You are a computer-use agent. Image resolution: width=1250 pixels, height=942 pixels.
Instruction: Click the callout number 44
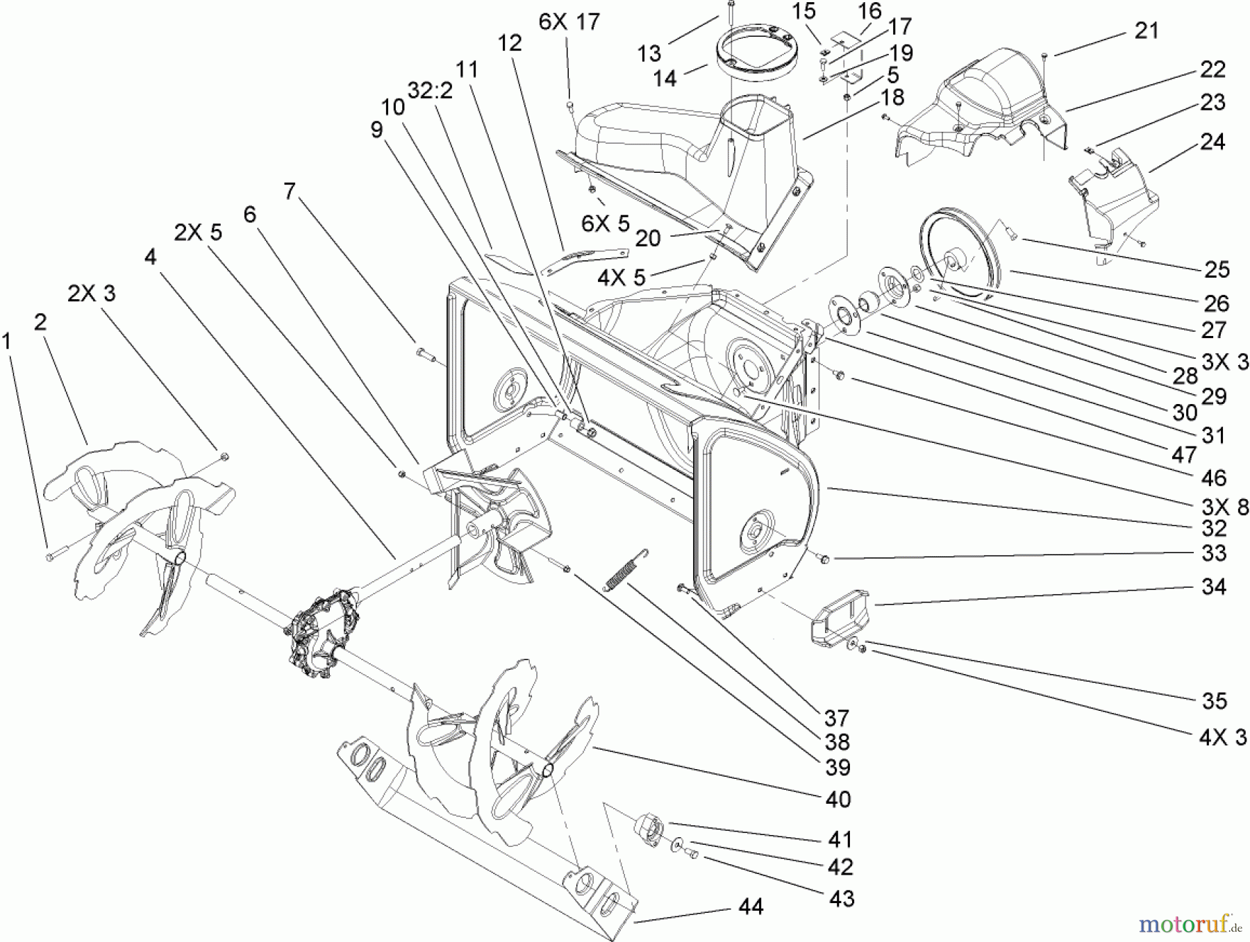click(x=751, y=907)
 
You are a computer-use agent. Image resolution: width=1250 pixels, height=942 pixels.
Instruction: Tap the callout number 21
click(x=1147, y=31)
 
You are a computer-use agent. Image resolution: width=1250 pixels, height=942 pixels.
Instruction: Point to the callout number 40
click(x=838, y=799)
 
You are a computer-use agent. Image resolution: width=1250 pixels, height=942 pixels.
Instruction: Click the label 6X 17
click(x=569, y=22)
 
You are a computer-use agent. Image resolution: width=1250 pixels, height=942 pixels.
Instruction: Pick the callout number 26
click(x=1217, y=303)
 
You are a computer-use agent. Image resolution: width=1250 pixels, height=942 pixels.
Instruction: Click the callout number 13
click(x=650, y=53)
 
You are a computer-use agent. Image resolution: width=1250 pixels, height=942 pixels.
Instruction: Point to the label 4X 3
click(x=1223, y=737)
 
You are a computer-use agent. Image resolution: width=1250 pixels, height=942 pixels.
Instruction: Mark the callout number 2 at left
click(x=40, y=321)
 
